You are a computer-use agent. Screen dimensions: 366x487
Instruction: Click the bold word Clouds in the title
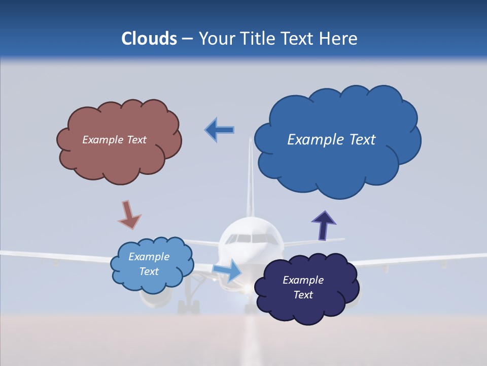(x=149, y=39)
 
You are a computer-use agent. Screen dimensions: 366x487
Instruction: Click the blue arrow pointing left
(x=220, y=130)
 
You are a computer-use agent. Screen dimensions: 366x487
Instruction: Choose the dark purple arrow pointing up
(x=324, y=225)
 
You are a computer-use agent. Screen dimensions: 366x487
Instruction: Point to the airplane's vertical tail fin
(x=250, y=178)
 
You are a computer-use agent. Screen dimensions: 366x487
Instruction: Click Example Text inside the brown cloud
(x=115, y=140)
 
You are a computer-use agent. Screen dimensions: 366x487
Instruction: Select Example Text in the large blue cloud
(x=331, y=140)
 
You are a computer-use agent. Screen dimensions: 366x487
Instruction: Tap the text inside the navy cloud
(x=303, y=287)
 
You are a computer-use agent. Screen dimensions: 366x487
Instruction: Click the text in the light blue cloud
(x=149, y=264)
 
